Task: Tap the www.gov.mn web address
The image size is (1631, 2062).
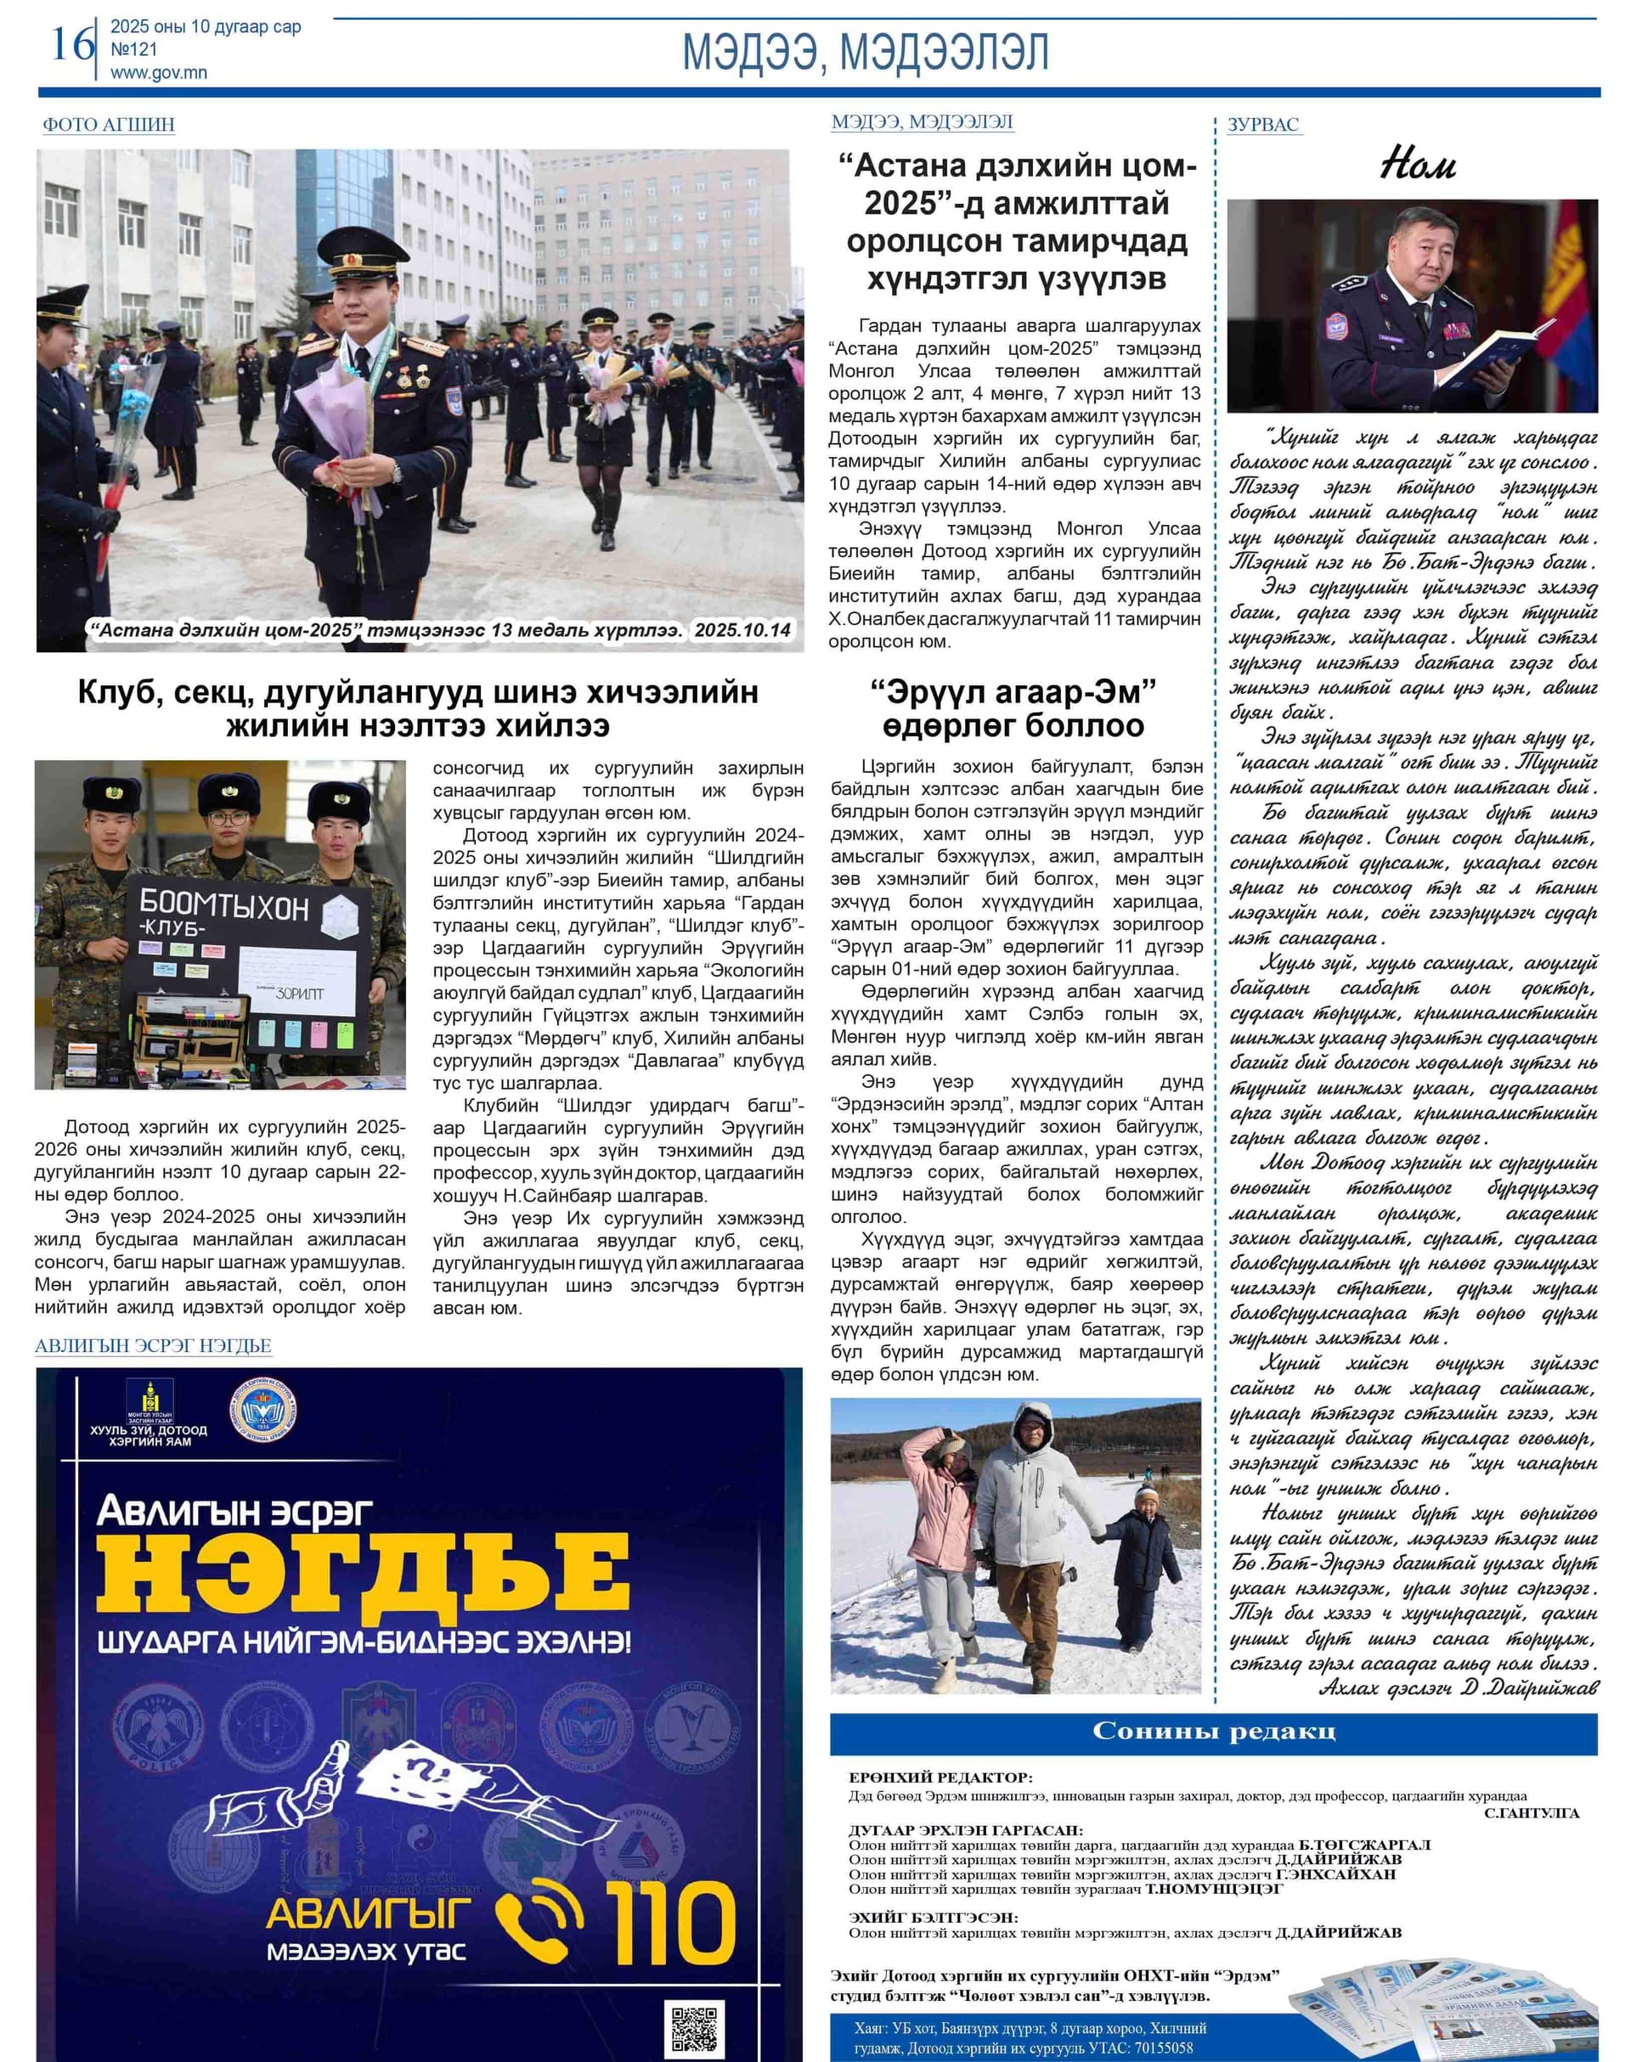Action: click(159, 72)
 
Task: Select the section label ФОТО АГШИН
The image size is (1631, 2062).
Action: click(108, 124)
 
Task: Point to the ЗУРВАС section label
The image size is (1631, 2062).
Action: click(1263, 124)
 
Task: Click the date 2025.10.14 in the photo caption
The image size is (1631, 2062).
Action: click(742, 630)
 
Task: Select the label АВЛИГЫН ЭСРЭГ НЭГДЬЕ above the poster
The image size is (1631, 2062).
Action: click(153, 1346)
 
